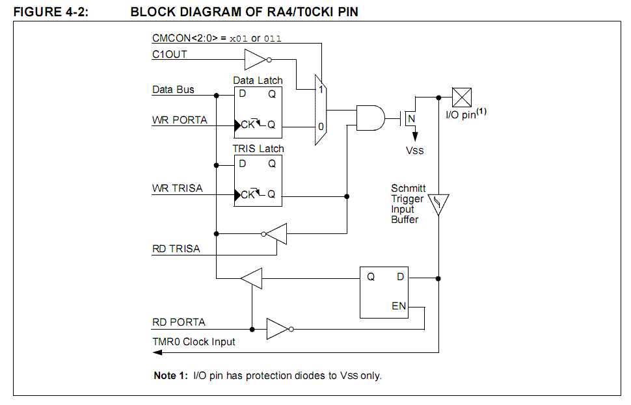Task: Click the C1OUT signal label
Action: coord(169,55)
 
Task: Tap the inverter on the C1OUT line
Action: coord(258,60)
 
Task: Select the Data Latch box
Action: coord(258,112)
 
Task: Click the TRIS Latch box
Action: coord(258,181)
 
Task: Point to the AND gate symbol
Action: coord(371,118)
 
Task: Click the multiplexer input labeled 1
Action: coord(321,89)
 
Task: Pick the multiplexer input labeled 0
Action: coord(321,127)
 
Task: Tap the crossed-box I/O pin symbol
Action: coord(462,98)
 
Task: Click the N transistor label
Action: coord(411,119)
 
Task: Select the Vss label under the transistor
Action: coord(414,150)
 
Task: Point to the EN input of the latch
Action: coord(399,306)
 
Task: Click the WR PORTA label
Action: coord(180,120)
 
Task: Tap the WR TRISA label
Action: coord(177,189)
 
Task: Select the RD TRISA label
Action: coord(176,248)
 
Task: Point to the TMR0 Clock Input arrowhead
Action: coord(157,352)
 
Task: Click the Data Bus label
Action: coord(173,89)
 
